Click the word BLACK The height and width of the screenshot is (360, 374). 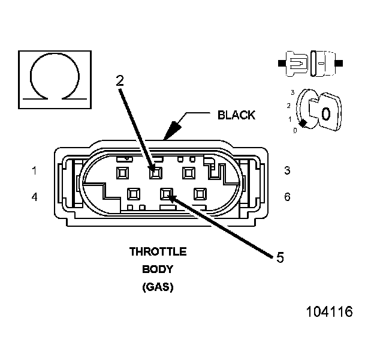[x=236, y=115]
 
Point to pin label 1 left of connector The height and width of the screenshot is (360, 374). [x=34, y=170]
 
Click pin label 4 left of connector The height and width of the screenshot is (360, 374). [x=34, y=196]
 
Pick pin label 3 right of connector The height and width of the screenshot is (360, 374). [x=287, y=170]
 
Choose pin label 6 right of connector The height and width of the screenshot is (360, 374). [x=287, y=196]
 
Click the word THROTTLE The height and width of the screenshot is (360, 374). [x=158, y=251]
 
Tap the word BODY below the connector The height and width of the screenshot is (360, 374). [x=158, y=269]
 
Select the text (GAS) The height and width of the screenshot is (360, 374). [x=158, y=287]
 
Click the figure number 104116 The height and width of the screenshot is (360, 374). [x=329, y=312]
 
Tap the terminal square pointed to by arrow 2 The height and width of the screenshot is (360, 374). [x=156, y=173]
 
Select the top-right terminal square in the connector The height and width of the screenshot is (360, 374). [x=189, y=173]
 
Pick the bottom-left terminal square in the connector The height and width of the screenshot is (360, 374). [x=134, y=194]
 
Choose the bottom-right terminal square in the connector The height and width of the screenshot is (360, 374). [x=200, y=194]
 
